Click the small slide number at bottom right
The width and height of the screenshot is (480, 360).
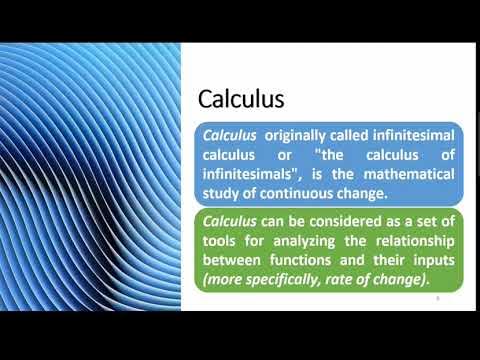click(x=437, y=297)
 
